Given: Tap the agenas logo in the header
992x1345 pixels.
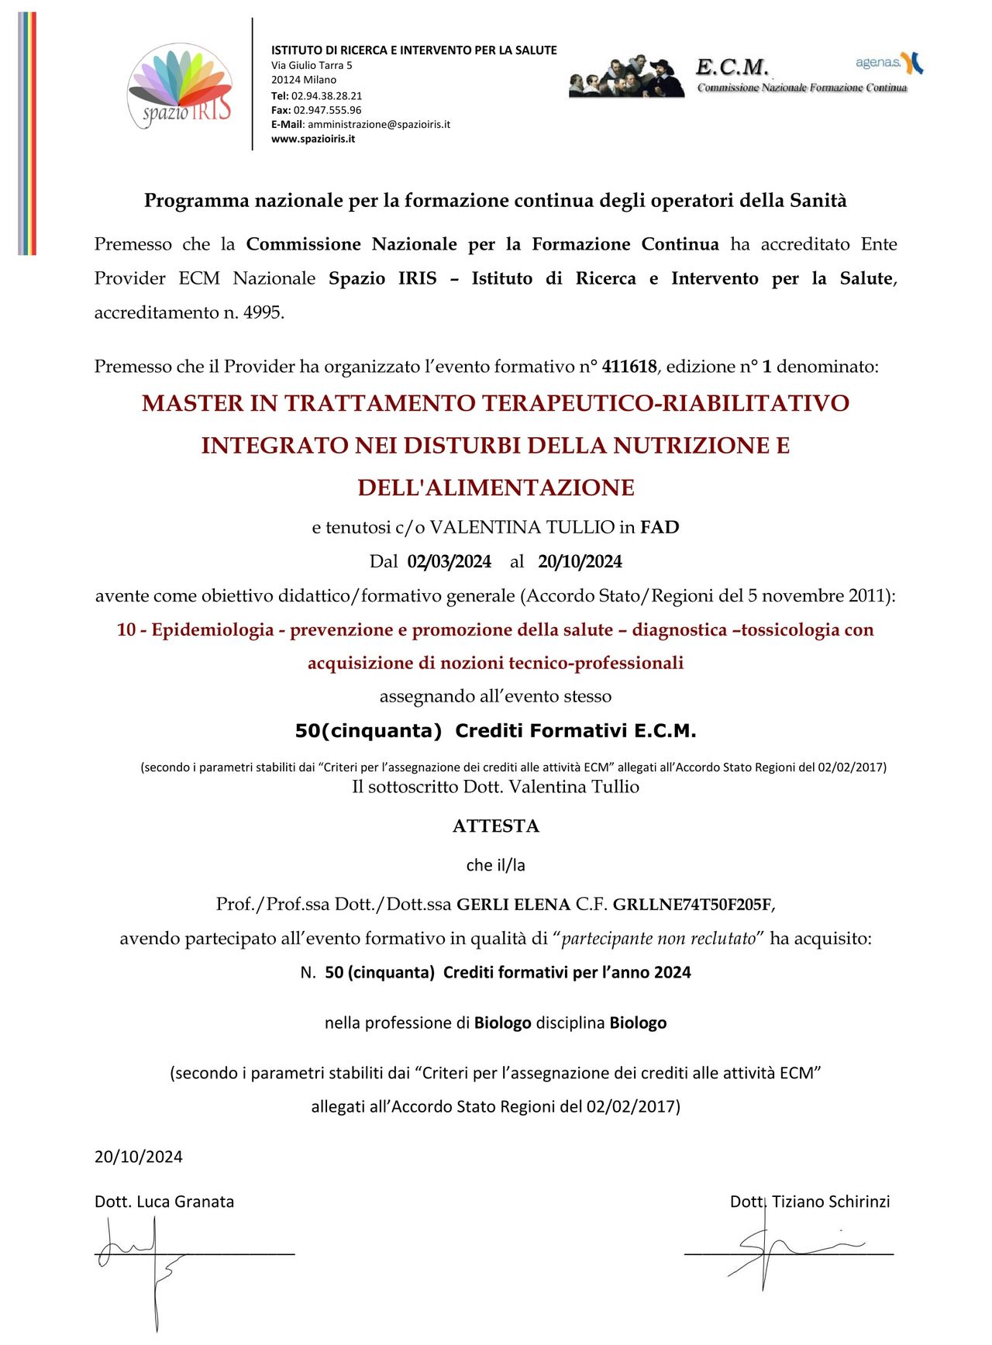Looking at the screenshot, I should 889,63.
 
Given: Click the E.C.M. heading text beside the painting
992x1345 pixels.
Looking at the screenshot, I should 732,67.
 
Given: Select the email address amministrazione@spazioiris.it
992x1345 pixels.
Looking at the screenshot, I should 378,124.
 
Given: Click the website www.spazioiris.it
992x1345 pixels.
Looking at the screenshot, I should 313,139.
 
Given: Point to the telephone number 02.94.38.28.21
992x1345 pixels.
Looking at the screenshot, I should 326,95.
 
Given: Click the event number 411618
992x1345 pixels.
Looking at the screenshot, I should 629,367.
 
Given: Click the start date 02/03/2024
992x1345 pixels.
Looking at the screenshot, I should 449,561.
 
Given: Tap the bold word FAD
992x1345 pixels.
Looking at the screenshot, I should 660,527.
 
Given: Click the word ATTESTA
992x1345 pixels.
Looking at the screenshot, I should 495,826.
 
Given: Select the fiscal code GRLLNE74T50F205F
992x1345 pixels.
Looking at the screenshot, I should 693,904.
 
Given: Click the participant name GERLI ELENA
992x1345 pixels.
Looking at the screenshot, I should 513,904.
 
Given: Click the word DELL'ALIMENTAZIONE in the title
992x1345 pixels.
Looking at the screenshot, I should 495,488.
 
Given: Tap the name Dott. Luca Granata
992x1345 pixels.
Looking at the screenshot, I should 164,1202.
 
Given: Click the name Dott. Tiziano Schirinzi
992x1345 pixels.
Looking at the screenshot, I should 810,1202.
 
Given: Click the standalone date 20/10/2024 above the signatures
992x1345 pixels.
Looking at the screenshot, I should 139,1157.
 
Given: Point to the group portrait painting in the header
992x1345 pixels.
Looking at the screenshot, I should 627,76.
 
